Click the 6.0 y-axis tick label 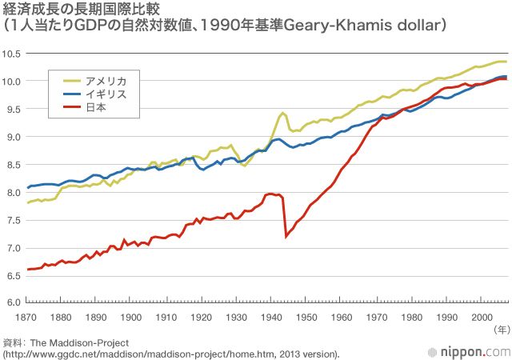pos(14,302)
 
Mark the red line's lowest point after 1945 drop pos(286,236)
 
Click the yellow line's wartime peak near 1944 pos(283,114)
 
